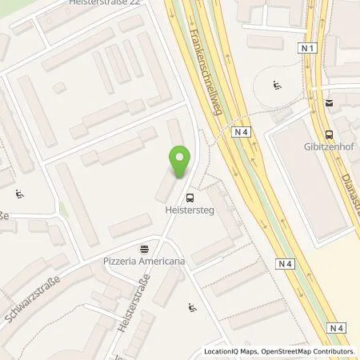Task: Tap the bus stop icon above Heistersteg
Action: coord(190,198)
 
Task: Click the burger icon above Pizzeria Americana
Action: coord(144,248)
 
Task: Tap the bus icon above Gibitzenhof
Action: coord(328,134)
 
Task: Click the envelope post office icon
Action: coord(328,102)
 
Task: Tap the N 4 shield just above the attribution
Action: coord(337,327)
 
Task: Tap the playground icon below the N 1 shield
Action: coord(277,85)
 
